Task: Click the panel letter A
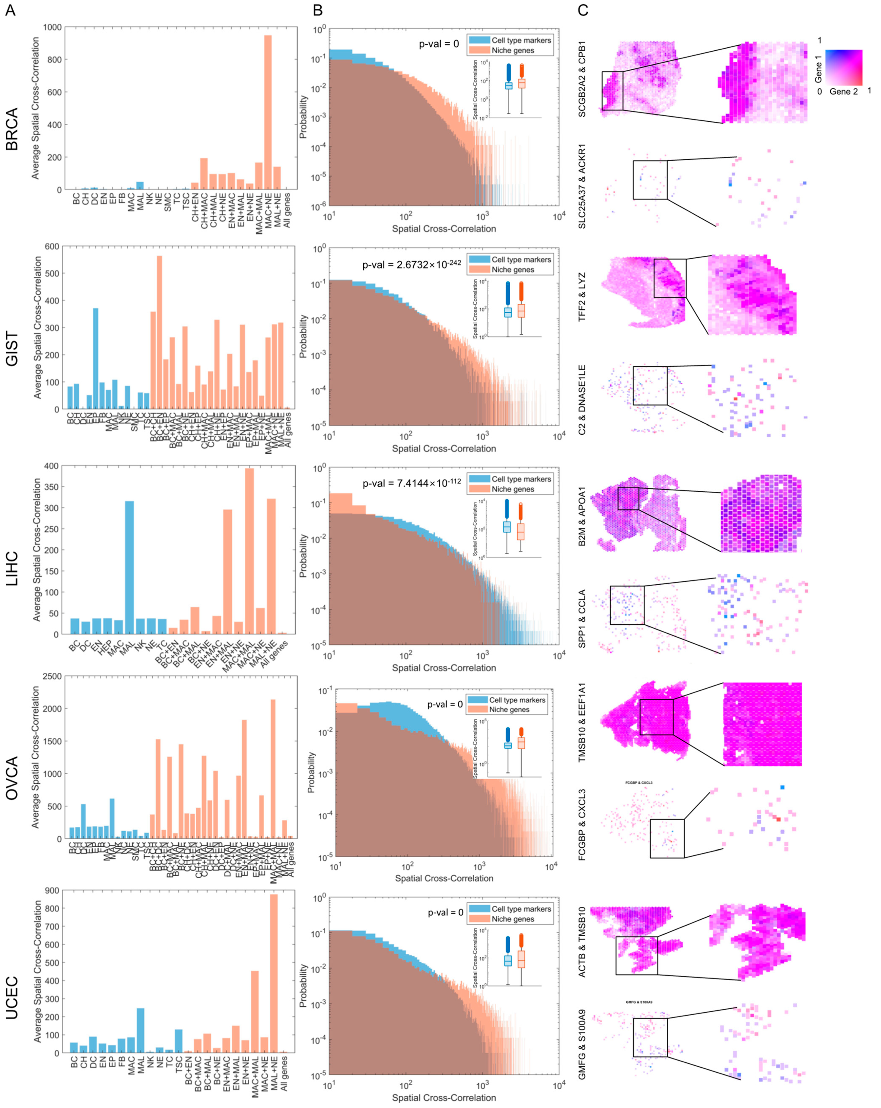10,10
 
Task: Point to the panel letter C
583,10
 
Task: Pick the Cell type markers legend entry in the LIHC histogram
520,479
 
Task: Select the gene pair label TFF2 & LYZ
582,297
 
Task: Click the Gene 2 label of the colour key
844,91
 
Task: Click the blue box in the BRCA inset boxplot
509,86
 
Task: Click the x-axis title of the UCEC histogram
444,1098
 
